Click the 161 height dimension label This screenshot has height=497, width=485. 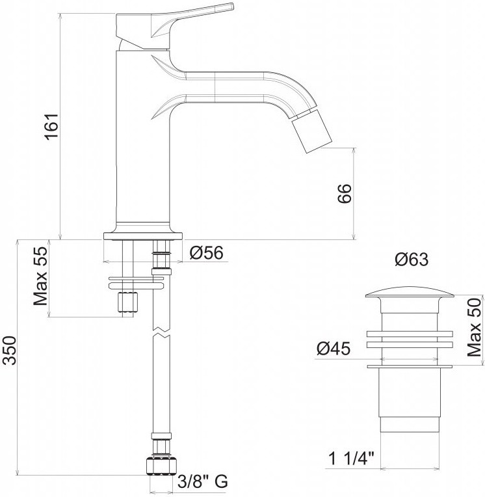coord(51,126)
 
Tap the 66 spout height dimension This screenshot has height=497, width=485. coord(345,193)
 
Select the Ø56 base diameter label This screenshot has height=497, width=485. coord(207,252)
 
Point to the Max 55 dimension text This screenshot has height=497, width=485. coord(40,276)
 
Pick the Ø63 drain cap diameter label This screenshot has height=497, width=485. coord(412,260)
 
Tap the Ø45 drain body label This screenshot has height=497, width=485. coord(334,349)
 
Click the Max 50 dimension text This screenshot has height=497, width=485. coord(474,327)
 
